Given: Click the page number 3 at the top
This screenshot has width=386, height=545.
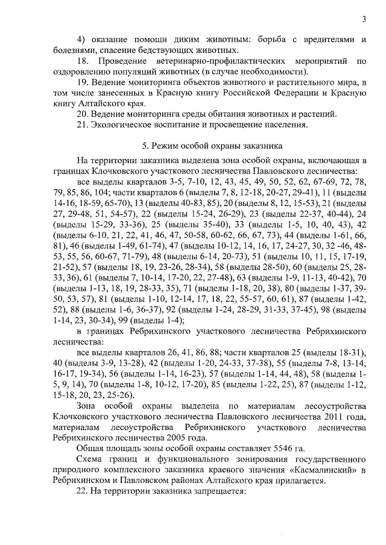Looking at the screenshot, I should (x=365, y=19).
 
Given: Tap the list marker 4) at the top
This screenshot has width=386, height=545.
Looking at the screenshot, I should (x=83, y=39).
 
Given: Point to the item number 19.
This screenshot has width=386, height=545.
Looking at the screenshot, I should (x=84, y=82).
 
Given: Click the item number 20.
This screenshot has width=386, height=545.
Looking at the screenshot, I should (x=84, y=114).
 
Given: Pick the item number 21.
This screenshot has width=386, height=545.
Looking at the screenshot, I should (x=84, y=125).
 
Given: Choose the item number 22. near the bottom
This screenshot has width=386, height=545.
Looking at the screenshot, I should (x=84, y=491).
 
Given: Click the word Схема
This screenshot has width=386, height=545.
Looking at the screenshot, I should (x=91, y=459).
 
